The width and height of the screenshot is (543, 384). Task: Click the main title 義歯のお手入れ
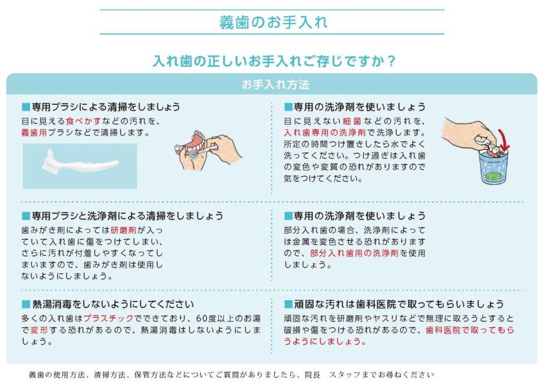(x=273, y=22)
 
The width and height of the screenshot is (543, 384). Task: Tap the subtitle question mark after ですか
(x=391, y=61)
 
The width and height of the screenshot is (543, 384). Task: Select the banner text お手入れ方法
(x=275, y=84)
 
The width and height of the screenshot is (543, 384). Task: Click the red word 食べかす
(x=84, y=121)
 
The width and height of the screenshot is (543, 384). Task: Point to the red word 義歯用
(x=34, y=132)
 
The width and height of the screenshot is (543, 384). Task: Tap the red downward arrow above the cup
(x=503, y=140)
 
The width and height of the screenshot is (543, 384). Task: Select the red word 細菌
(x=352, y=121)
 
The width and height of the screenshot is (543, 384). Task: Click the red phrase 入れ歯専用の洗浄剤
(x=325, y=132)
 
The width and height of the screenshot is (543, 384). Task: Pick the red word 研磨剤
(x=124, y=230)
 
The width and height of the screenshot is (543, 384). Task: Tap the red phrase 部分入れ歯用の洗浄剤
(x=354, y=253)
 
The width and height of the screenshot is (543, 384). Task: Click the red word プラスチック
(x=108, y=318)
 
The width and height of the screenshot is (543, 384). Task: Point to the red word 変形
(x=39, y=330)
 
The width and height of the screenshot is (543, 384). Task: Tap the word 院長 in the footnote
(x=312, y=375)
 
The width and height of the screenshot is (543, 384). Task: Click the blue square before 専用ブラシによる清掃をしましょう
(x=26, y=107)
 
